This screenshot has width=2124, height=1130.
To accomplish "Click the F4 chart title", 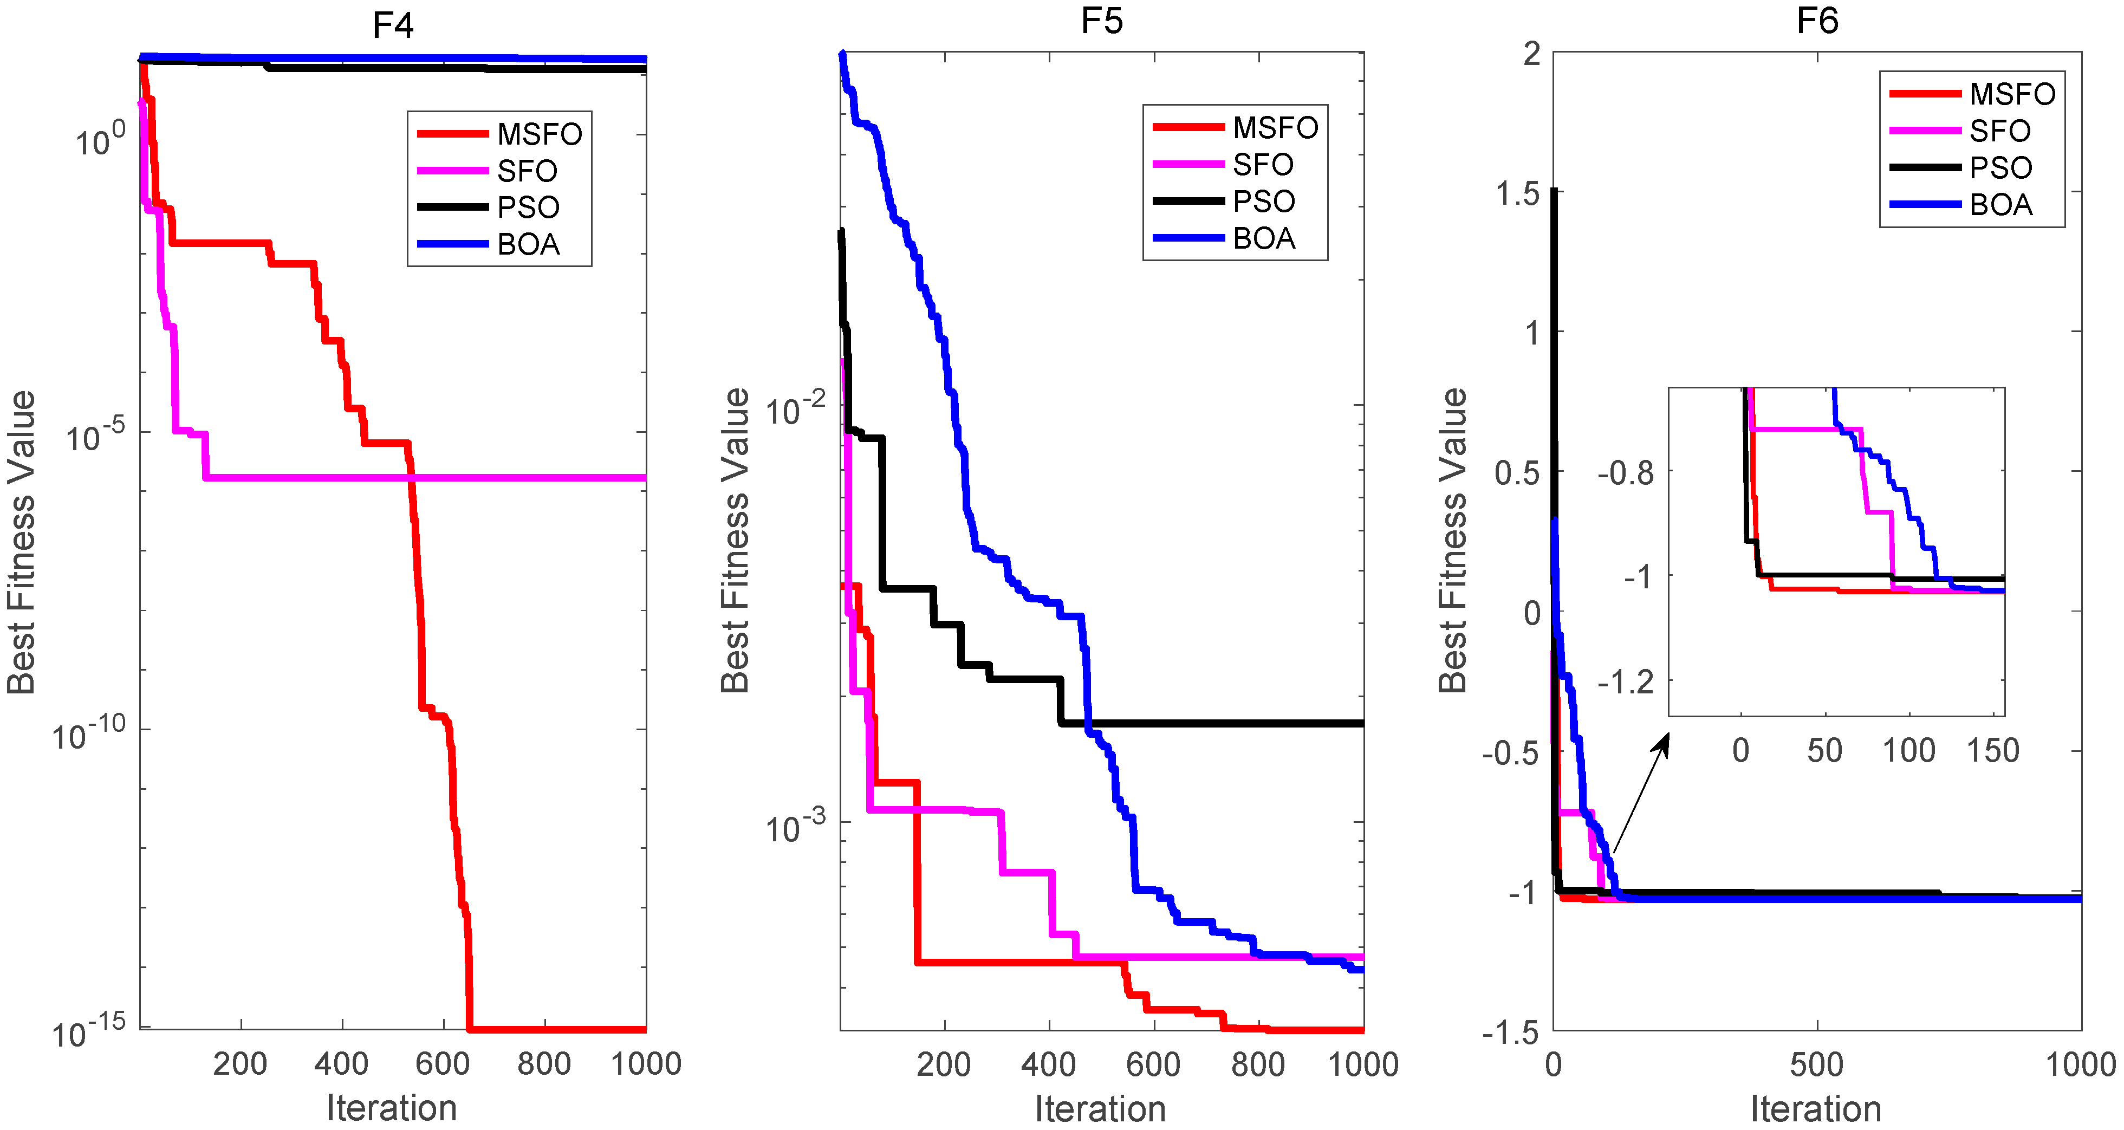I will [x=393, y=25].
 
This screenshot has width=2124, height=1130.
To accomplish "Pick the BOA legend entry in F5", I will [x=1263, y=238].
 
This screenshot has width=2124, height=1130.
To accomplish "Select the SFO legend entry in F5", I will [x=1262, y=164].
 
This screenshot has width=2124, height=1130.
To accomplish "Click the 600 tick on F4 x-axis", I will [x=443, y=1064].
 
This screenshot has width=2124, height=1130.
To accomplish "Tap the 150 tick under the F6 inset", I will [x=1992, y=751].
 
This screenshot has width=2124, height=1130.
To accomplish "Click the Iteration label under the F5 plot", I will [x=1100, y=1108].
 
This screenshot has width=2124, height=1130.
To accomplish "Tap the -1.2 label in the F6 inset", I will [x=1625, y=682].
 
